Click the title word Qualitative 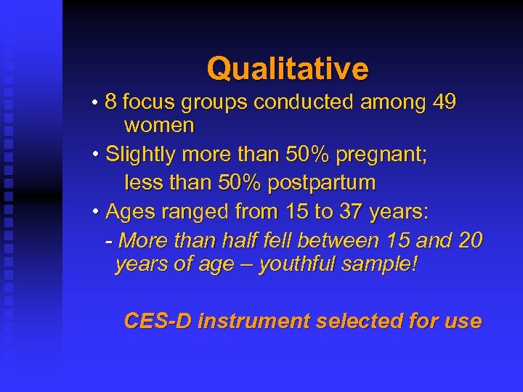pyautogui.click(x=288, y=69)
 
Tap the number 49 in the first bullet pyautogui.click(x=443, y=102)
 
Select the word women pyautogui.click(x=159, y=126)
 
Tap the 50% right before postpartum pyautogui.click(x=240, y=182)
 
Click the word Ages pyautogui.click(x=129, y=212)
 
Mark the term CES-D pyautogui.click(x=158, y=321)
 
